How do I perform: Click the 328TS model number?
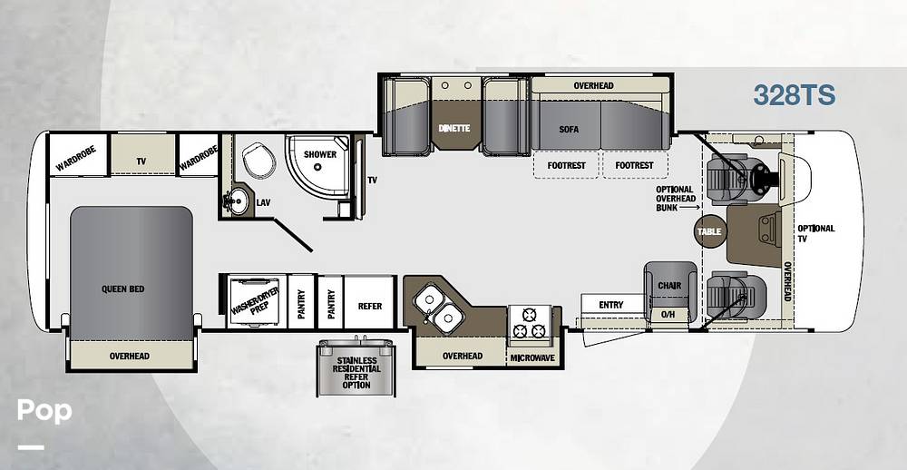[x=795, y=95]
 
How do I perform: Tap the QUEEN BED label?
[x=122, y=289]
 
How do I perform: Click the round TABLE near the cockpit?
[x=709, y=231]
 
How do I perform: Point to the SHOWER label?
[x=320, y=154]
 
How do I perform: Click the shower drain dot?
[x=317, y=167]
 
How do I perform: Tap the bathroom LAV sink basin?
[x=236, y=201]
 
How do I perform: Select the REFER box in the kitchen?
[x=369, y=302]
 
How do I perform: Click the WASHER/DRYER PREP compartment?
[x=255, y=301]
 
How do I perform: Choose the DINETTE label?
[x=454, y=129]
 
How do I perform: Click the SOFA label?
[x=569, y=130]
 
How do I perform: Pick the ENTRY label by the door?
[x=611, y=305]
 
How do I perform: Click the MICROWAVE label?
[x=532, y=358]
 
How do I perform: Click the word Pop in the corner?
[x=44, y=411]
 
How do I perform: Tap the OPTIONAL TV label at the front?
[x=815, y=233]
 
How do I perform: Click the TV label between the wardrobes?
[x=141, y=162]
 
